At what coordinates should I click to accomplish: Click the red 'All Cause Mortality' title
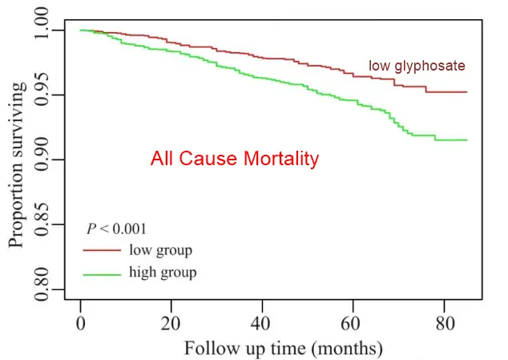tap(235, 159)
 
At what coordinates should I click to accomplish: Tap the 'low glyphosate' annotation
tap(417, 65)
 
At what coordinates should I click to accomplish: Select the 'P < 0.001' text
tap(115, 229)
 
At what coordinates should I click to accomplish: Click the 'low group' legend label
tap(160, 250)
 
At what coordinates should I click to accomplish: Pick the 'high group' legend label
tap(163, 273)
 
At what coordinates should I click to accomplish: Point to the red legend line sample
tap(101, 251)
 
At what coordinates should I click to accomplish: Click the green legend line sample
tap(101, 273)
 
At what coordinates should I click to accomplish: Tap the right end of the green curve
tap(466, 140)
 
